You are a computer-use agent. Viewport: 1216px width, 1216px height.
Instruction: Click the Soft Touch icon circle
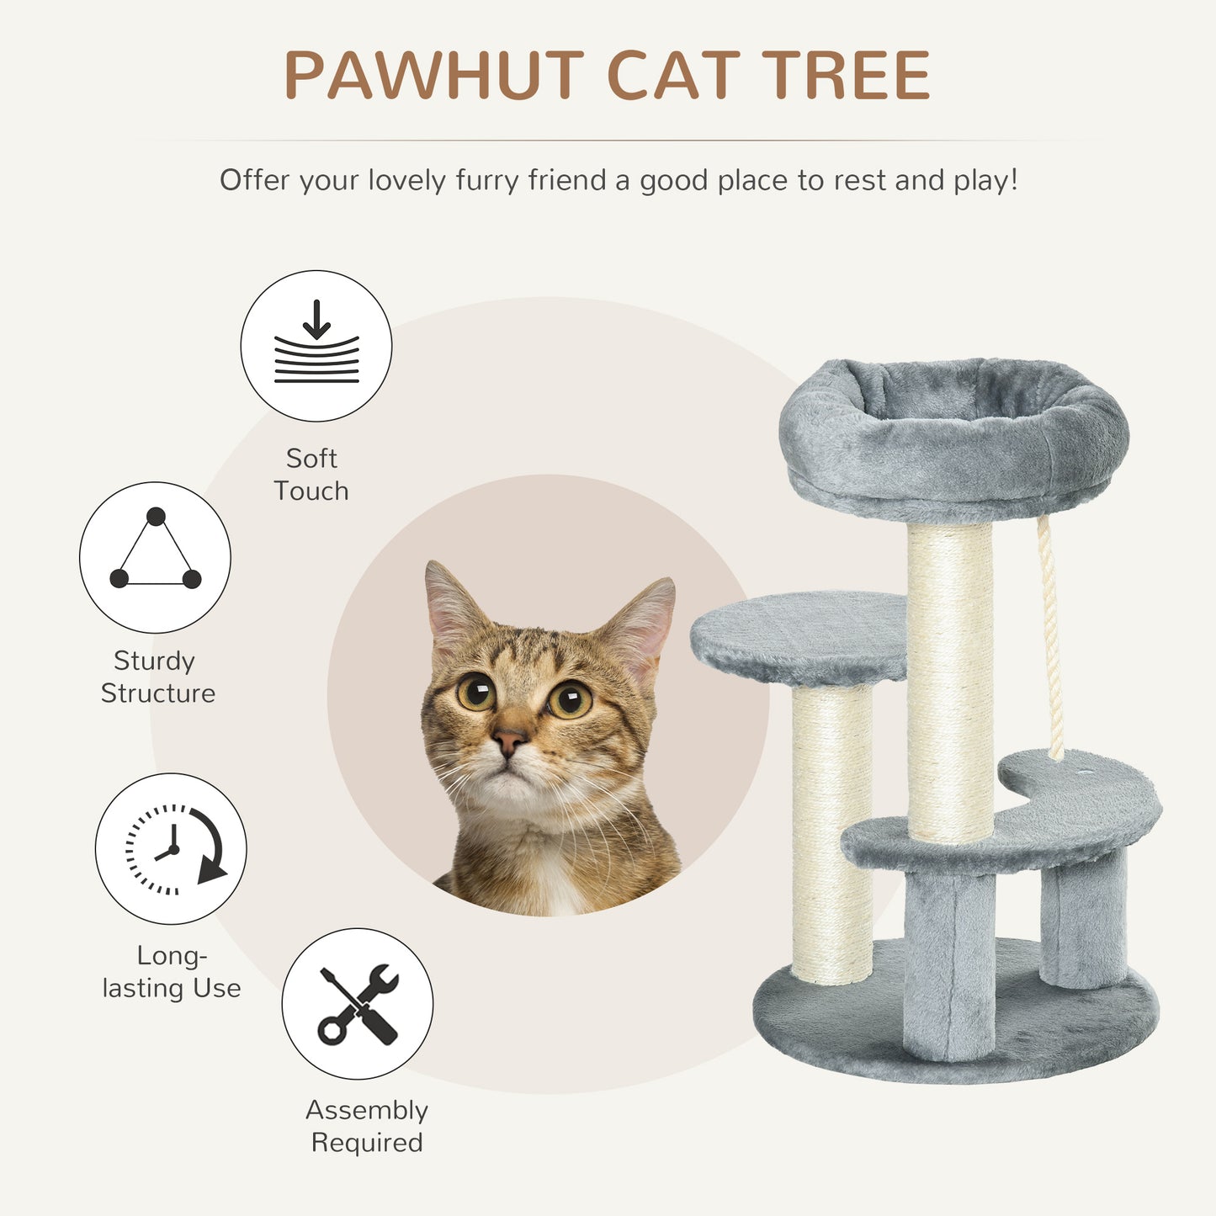coord(316,346)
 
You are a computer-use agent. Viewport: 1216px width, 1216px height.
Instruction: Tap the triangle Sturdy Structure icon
coord(155,557)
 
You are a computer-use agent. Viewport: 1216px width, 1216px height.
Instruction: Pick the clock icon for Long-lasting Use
coord(171,848)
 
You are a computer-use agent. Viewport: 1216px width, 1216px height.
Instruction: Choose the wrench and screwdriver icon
coord(358,1004)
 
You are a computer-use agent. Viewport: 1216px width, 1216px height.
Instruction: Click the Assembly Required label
coord(367,1126)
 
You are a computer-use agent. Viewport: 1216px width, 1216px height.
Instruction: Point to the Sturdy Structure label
coord(157,677)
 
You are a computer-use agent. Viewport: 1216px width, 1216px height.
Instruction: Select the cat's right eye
coord(570,699)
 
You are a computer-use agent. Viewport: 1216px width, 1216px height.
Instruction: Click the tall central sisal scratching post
coord(950,682)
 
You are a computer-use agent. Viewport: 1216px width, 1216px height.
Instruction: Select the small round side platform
coord(798,635)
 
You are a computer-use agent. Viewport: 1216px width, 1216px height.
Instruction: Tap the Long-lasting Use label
coord(172,971)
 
